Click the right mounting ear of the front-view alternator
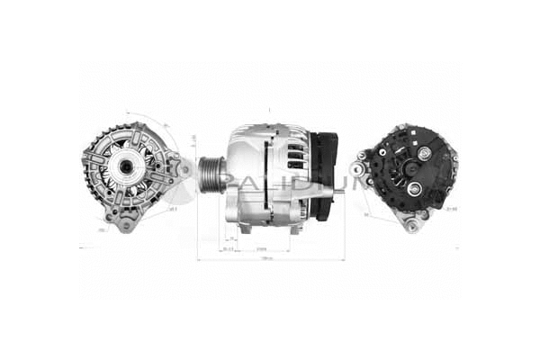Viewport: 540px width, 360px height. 184,167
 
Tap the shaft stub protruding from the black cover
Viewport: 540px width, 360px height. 343,188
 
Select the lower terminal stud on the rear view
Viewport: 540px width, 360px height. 415,188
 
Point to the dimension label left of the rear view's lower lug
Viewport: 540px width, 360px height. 367,216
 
